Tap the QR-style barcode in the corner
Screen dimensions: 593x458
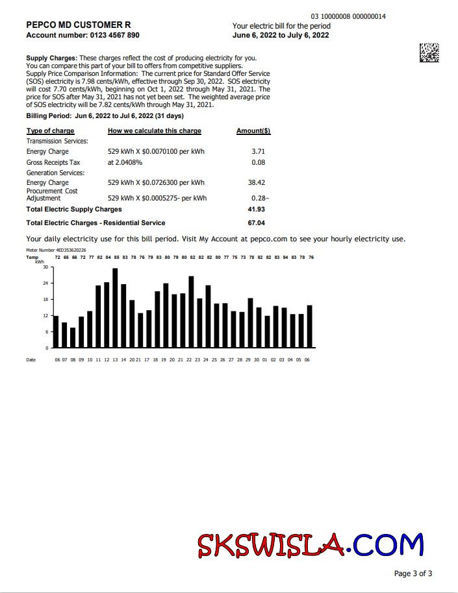429,53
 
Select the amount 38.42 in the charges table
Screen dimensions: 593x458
257,183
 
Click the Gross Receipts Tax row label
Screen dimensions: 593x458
53,162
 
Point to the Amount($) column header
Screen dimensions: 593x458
253,131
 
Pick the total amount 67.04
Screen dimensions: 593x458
256,223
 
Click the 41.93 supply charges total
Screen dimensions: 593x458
256,210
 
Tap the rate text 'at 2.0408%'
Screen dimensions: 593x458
125,162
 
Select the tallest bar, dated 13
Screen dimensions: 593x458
115,308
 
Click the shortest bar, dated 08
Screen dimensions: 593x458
73,337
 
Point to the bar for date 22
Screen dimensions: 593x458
191,312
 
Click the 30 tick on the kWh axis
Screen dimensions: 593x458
45,267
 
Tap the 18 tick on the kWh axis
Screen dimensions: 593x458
45,300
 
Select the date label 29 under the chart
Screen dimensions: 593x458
248,359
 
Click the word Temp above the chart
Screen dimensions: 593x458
32,258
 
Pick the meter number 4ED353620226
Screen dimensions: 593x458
70,250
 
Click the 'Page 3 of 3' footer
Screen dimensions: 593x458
413,574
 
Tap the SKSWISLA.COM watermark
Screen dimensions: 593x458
311,546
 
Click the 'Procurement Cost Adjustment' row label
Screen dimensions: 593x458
52,195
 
